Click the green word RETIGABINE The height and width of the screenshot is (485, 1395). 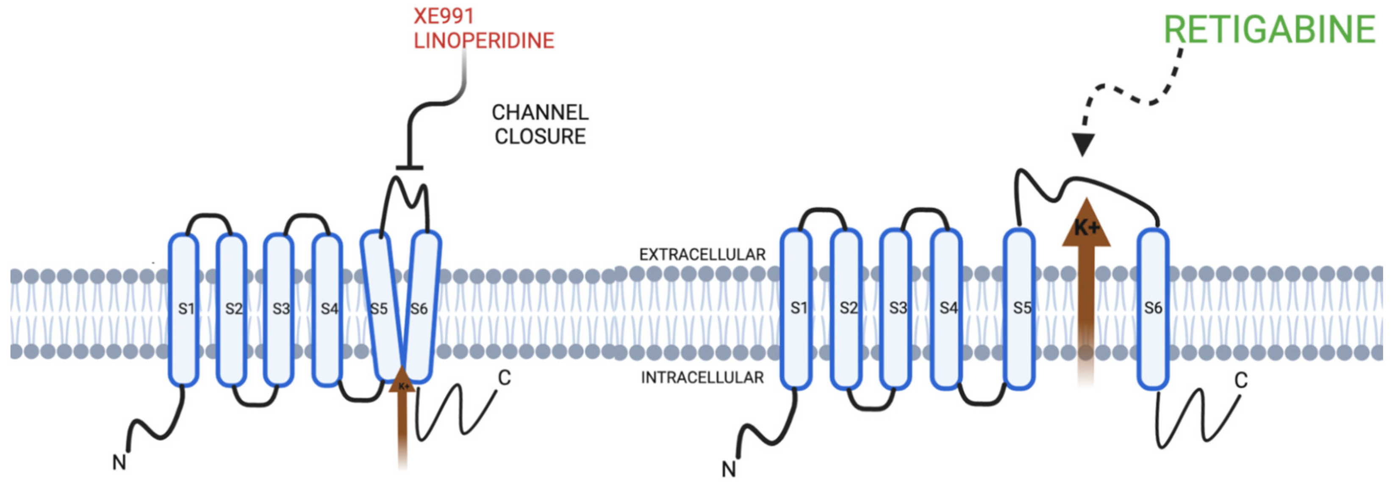click(x=1269, y=29)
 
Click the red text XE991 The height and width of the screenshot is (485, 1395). click(x=444, y=16)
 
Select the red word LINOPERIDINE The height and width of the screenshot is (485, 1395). click(x=484, y=41)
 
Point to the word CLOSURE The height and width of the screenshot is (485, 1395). click(x=540, y=137)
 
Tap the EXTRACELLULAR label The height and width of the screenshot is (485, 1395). click(x=702, y=254)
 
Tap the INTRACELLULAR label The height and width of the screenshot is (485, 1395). click(x=702, y=377)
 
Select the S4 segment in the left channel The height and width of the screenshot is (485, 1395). click(x=327, y=309)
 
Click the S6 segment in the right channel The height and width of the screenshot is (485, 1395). click(x=1152, y=308)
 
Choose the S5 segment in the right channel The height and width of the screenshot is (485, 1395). click(x=1020, y=308)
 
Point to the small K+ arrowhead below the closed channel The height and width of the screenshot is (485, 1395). click(x=402, y=382)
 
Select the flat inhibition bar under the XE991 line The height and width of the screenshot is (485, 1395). click(x=409, y=168)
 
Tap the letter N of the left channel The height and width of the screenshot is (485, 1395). click(x=119, y=462)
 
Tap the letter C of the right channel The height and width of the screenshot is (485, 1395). click(x=1241, y=380)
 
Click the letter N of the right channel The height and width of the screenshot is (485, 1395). click(x=729, y=469)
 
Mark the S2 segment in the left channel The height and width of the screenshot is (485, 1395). click(x=232, y=309)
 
